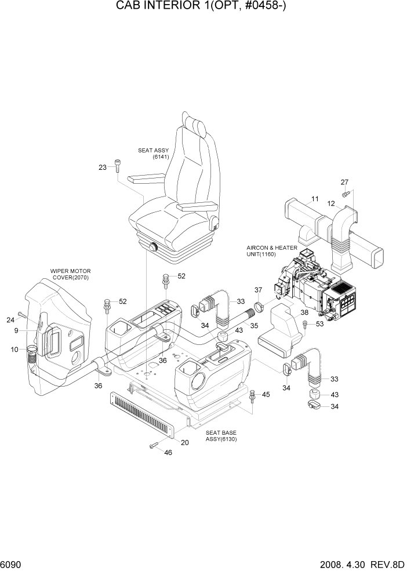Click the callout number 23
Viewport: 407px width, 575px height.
tap(103, 168)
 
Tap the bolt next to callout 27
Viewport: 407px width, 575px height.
tap(346, 192)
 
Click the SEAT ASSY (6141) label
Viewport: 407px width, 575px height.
tap(153, 154)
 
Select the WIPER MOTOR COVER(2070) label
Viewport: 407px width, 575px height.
tap(70, 274)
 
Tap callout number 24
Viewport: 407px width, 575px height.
tap(10, 320)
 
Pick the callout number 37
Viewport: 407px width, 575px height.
tap(259, 289)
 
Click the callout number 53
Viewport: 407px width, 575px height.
tap(319, 324)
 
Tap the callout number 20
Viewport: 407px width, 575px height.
tap(185, 442)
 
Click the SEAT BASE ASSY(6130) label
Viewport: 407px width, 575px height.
tap(221, 436)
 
